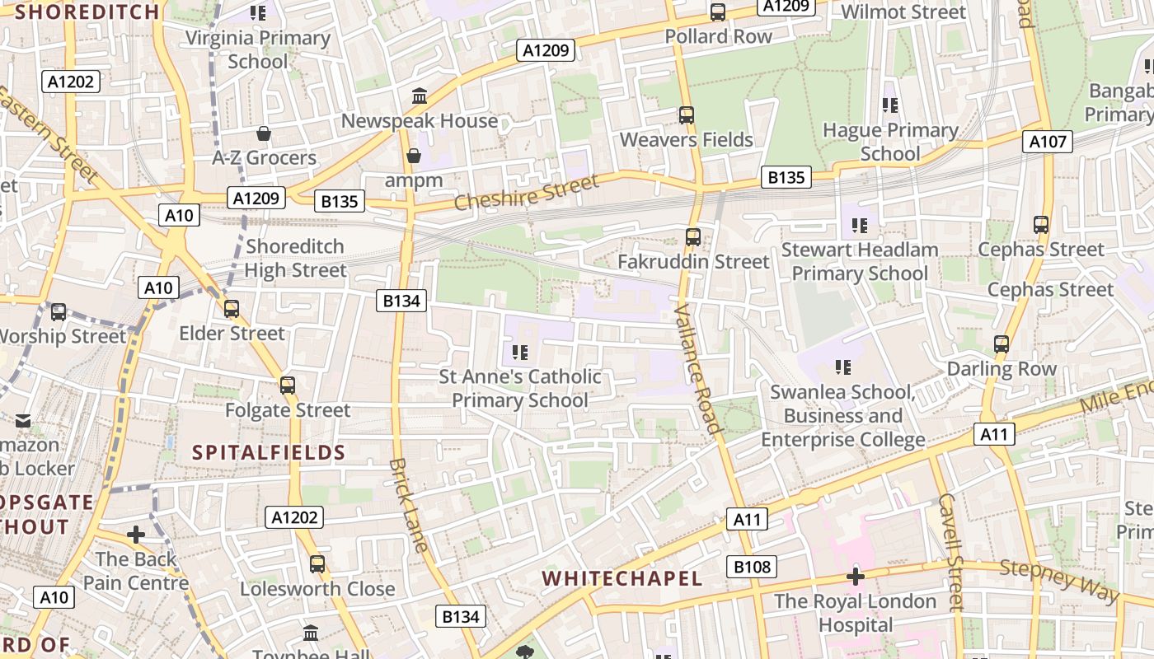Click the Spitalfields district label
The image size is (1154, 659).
coord(269,452)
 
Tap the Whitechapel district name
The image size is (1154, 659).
coord(622,578)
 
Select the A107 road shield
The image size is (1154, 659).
coord(1048,142)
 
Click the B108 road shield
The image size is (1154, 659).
coord(752,567)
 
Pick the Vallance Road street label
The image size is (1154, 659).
coord(698,367)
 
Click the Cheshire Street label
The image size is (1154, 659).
coord(526,193)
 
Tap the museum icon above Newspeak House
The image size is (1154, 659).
coord(420,96)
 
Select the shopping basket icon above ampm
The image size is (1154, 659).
coord(414,156)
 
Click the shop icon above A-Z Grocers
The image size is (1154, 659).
coord(264,133)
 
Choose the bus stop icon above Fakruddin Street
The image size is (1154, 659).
coord(693,237)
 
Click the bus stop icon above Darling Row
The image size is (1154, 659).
coord(1002,344)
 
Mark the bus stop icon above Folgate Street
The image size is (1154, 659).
coord(288,386)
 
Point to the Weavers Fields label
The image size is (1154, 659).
coord(686,139)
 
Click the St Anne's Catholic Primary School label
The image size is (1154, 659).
coord(520,388)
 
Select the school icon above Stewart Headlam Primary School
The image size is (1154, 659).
coord(860,225)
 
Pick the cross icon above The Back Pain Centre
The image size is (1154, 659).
coord(136,535)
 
